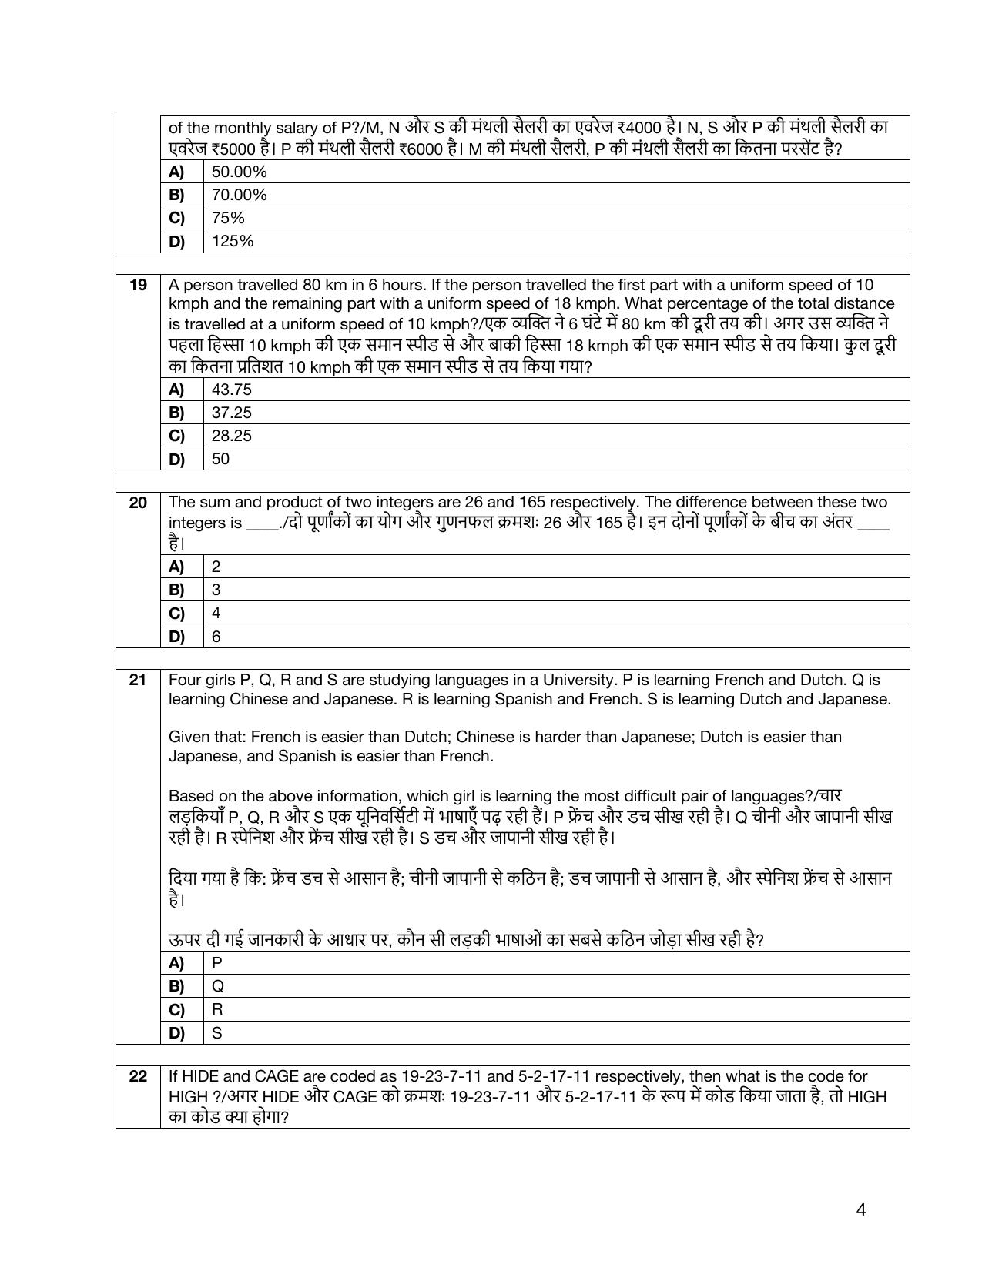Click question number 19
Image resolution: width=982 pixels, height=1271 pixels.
[x=138, y=286]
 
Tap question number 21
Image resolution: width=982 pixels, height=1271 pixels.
[x=138, y=681]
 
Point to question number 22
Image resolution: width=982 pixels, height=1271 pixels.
[x=138, y=1077]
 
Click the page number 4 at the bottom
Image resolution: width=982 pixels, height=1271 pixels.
[x=860, y=1210]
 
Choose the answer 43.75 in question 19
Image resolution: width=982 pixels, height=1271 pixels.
[x=232, y=390]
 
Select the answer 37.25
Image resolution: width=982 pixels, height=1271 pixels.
[x=232, y=413]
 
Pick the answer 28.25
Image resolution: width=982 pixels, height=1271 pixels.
[x=232, y=436]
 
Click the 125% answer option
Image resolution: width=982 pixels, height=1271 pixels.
[x=233, y=242]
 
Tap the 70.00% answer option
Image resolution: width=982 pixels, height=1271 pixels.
[x=240, y=195]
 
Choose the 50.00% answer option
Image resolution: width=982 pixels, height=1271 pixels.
[x=240, y=172]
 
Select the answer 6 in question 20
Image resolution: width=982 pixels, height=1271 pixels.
[x=216, y=637]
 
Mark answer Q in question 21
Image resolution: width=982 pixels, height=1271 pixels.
[x=218, y=986]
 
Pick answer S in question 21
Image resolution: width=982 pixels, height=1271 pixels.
[x=217, y=1033]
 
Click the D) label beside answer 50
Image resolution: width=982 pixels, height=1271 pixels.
[x=177, y=460]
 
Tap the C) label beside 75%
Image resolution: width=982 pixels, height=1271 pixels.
[x=177, y=219]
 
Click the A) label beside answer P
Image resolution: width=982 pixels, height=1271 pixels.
[x=177, y=963]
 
